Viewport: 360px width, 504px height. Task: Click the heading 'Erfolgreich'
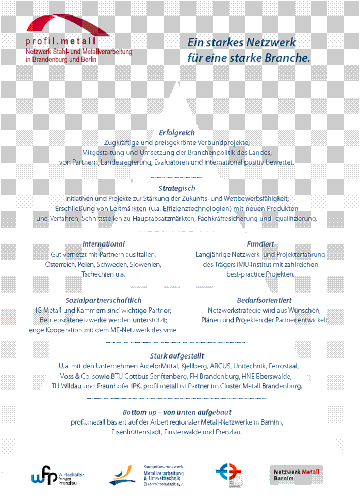176,133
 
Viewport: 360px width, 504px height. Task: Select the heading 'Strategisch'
176,188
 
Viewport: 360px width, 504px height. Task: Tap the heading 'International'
103,244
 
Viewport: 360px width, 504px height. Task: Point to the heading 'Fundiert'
260,244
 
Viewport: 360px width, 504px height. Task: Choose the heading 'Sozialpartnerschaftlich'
103,300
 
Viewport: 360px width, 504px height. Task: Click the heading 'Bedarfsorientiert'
264,300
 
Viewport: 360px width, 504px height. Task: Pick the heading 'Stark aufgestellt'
177,356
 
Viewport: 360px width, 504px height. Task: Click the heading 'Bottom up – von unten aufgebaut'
177,412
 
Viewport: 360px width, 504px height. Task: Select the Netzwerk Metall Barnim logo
297,475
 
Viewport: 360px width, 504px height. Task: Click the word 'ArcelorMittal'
160,366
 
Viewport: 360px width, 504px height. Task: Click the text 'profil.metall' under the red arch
61,42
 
